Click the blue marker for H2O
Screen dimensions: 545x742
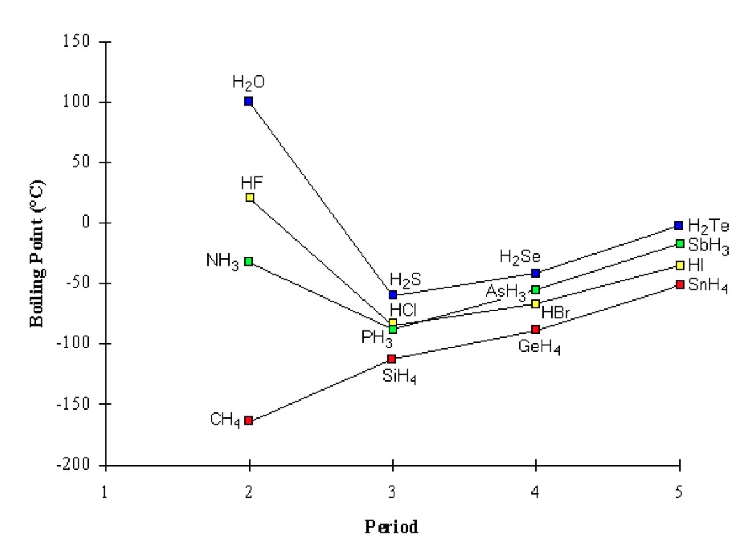pyautogui.click(x=249, y=101)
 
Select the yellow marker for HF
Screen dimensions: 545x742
pyautogui.click(x=249, y=197)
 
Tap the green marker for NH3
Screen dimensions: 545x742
pyautogui.click(x=249, y=261)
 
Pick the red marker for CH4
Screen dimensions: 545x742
pyautogui.click(x=249, y=421)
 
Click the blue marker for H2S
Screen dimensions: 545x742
pyautogui.click(x=393, y=295)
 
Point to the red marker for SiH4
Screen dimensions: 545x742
pyautogui.click(x=392, y=359)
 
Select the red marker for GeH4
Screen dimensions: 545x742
pyautogui.click(x=536, y=329)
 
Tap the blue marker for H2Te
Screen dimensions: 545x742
pyautogui.click(x=679, y=225)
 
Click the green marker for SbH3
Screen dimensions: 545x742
pyautogui.click(x=679, y=243)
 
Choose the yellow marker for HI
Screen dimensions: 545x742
pyautogui.click(x=679, y=265)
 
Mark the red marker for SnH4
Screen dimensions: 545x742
pyautogui.click(x=679, y=284)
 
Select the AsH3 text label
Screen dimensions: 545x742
pyautogui.click(x=506, y=292)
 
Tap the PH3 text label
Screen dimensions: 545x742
pyautogui.click(x=377, y=338)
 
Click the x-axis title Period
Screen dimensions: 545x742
pyautogui.click(x=391, y=527)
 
